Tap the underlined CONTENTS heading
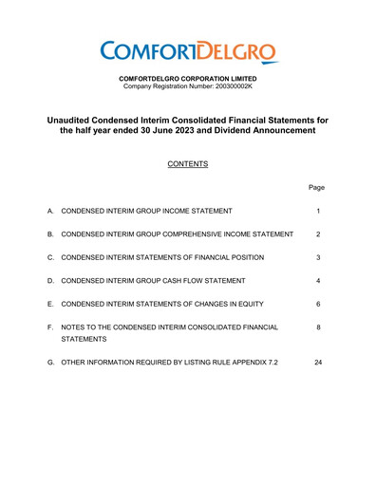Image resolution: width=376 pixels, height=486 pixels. pyautogui.click(x=188, y=163)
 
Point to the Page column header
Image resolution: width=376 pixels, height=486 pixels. pyautogui.click(x=318, y=188)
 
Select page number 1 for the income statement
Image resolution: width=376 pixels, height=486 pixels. pyautogui.click(x=318, y=210)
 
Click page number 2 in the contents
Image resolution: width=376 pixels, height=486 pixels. pyautogui.click(x=318, y=234)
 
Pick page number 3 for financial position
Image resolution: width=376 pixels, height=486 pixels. pyautogui.click(x=318, y=257)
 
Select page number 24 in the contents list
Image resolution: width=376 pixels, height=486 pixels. pyautogui.click(x=318, y=363)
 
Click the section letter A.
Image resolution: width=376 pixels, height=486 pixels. pyautogui.click(x=49, y=210)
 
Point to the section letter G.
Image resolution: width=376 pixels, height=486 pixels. pyautogui.click(x=49, y=363)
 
